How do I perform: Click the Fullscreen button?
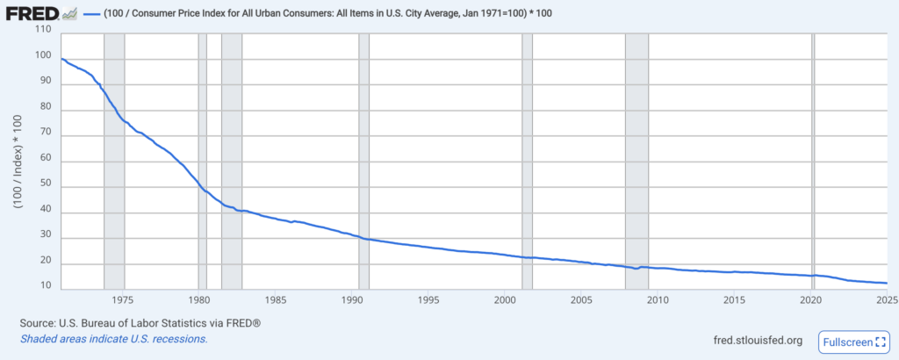tap(853, 342)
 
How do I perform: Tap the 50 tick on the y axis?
tap(47, 185)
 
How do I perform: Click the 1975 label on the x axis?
tap(124, 299)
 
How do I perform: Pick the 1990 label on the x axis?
tap(353, 299)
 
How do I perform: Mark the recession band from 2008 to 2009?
tap(636, 158)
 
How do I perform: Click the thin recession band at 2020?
tap(813, 158)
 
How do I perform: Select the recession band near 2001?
tap(527, 158)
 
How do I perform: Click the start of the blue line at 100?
tap(62, 59)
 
